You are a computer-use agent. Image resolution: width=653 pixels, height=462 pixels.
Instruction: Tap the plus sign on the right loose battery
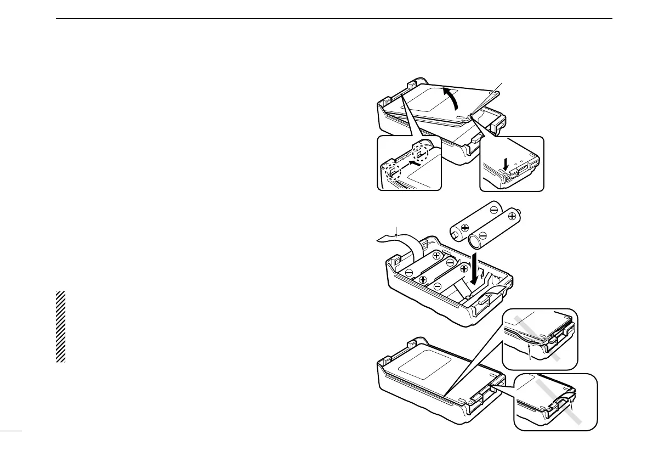pos(512,217)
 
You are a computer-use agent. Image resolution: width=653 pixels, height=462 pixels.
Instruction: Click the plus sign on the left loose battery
pos(465,228)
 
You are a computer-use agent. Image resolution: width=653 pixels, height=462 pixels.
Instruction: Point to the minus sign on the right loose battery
pos(482,238)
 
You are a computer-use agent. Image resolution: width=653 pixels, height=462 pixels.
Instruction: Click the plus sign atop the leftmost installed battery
pos(437,256)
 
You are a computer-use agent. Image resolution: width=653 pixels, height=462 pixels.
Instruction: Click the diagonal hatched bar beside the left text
pos(60,326)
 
